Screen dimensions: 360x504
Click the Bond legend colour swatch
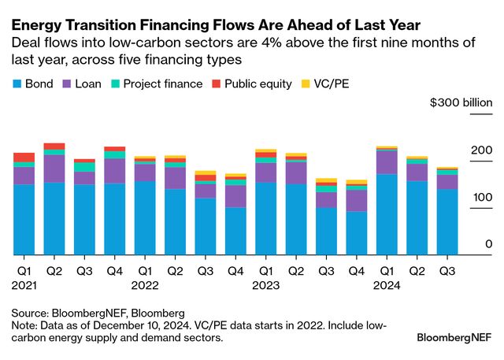pyautogui.click(x=17, y=84)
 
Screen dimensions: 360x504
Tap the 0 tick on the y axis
pyautogui.click(x=488, y=245)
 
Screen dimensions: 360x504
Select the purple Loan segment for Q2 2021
pyautogui.click(x=54, y=169)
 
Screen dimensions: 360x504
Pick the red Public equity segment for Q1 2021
pyautogui.click(x=24, y=157)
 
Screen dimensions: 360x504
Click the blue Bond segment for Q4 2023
pyautogui.click(x=357, y=233)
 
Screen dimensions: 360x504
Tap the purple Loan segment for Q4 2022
pyautogui.click(x=235, y=196)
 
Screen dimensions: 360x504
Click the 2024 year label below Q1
pyautogui.click(x=387, y=286)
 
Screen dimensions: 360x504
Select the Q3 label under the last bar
pyautogui.click(x=447, y=270)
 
